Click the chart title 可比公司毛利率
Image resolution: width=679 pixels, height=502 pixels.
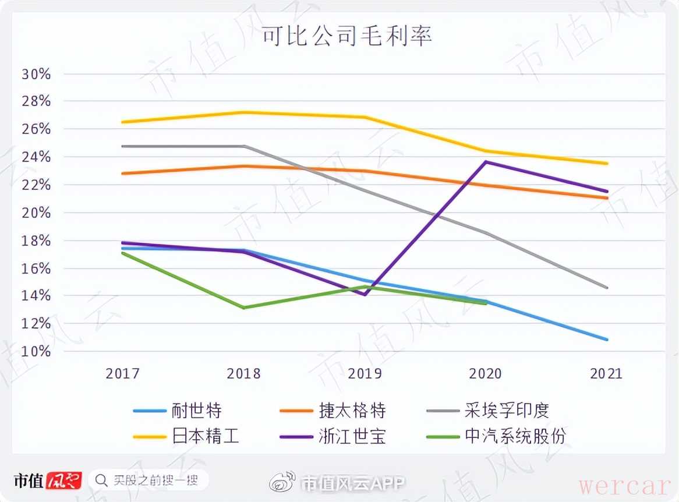click(346, 36)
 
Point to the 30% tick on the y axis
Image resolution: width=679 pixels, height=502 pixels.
click(36, 75)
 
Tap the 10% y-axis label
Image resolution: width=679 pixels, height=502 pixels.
click(36, 351)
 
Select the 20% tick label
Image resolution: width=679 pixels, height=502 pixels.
click(36, 213)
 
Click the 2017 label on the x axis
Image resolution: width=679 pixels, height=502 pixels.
click(122, 373)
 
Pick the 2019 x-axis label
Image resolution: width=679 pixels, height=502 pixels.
click(365, 373)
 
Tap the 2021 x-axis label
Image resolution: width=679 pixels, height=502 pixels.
click(606, 373)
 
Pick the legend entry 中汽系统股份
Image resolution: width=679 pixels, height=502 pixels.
click(515, 436)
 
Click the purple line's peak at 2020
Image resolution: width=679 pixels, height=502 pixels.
click(486, 162)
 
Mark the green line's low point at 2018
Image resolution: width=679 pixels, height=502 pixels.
click(243, 307)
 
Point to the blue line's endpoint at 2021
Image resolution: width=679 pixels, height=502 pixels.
click(607, 340)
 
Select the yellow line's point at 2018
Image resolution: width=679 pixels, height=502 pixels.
click(243, 112)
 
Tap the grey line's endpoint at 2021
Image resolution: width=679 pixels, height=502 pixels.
click(607, 288)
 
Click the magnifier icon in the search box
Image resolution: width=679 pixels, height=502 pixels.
click(101, 480)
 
